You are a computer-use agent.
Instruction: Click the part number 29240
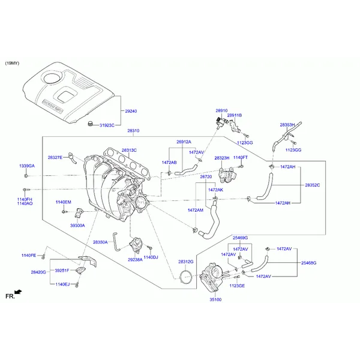tap(131, 111)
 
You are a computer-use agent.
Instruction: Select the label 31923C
tap(107, 125)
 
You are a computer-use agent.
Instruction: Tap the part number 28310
tap(133, 131)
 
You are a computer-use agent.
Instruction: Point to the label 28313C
tap(130, 150)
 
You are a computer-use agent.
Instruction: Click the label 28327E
tap(55, 157)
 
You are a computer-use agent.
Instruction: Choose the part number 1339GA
tap(27, 166)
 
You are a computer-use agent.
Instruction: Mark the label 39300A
tap(77, 226)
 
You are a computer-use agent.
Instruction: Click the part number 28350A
tap(100, 242)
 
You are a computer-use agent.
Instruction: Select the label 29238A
tap(135, 259)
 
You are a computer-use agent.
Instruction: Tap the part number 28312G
tap(185, 262)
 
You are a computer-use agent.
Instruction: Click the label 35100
tap(215, 298)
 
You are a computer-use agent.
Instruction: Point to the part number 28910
tap(221, 111)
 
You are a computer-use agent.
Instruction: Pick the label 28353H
tap(287, 125)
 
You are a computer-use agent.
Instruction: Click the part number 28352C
tap(312, 185)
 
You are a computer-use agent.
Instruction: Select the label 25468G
tap(308, 263)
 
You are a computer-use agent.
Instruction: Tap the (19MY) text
tap(13, 63)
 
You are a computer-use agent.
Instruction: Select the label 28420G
tap(38, 272)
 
